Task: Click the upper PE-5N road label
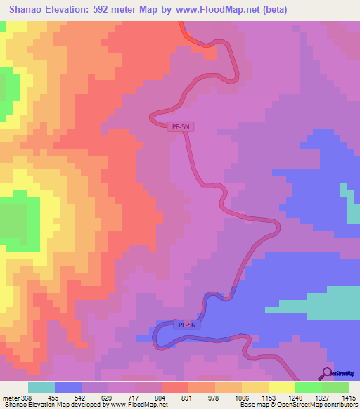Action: (181, 127)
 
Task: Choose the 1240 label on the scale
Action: (295, 398)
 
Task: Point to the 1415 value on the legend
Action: (349, 398)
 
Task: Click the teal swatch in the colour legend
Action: (41, 388)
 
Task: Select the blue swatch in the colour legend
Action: (68, 388)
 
